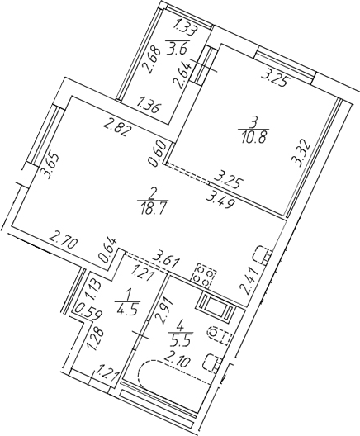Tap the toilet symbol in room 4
218,334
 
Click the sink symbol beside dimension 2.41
260,252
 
